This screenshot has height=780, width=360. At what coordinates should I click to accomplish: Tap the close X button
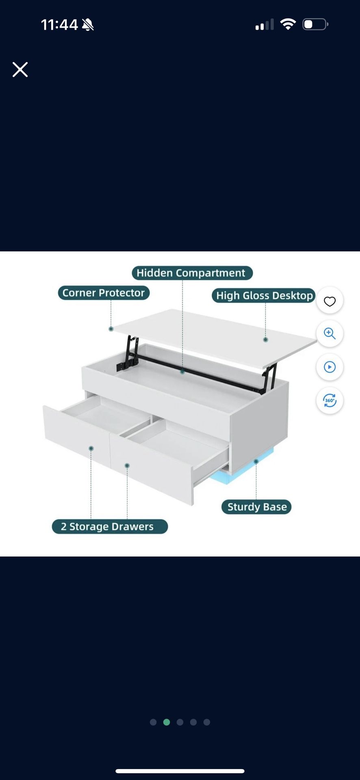click(x=20, y=69)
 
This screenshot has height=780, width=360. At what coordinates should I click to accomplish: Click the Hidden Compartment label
click(x=192, y=273)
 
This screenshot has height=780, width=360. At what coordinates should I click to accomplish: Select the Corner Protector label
click(x=104, y=293)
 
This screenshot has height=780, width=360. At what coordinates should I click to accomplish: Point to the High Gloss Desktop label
click(x=264, y=295)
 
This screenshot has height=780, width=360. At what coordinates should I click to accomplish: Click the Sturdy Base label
click(x=256, y=507)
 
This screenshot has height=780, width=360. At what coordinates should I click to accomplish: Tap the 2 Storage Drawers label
click(x=110, y=526)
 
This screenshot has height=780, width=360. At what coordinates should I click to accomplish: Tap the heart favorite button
click(x=330, y=301)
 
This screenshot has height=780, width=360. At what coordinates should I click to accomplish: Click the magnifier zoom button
click(x=330, y=334)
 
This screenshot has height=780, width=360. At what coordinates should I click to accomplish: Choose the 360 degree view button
click(x=330, y=401)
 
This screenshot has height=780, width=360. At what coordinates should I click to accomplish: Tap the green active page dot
click(x=167, y=722)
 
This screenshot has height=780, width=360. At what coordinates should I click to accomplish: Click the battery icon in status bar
click(x=315, y=24)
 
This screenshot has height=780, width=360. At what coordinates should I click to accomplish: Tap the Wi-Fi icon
click(x=288, y=24)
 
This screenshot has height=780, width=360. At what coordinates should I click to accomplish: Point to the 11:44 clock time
click(x=59, y=25)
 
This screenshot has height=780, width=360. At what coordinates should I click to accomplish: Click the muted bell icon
click(x=88, y=25)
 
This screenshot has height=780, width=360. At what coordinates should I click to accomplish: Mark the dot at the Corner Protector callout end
click(x=111, y=329)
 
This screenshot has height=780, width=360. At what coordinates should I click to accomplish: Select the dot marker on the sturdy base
click(x=256, y=461)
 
